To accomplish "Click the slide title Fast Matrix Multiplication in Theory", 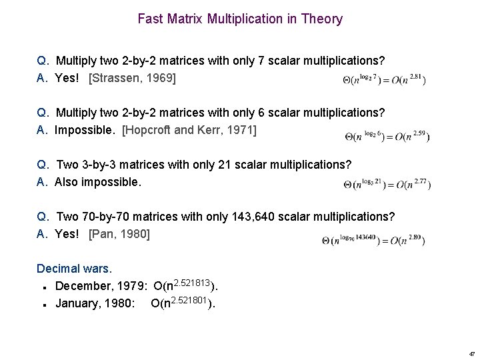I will pos(240,19).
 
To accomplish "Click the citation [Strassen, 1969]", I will pos(132,78).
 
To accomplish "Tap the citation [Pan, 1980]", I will pos(119,234).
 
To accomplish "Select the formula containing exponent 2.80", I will pos(373,241).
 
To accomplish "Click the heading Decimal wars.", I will pos(75,269).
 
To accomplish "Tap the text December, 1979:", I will pos(101,286).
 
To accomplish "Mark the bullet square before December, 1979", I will pos(43,287).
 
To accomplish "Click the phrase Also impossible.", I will pos(98,182).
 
